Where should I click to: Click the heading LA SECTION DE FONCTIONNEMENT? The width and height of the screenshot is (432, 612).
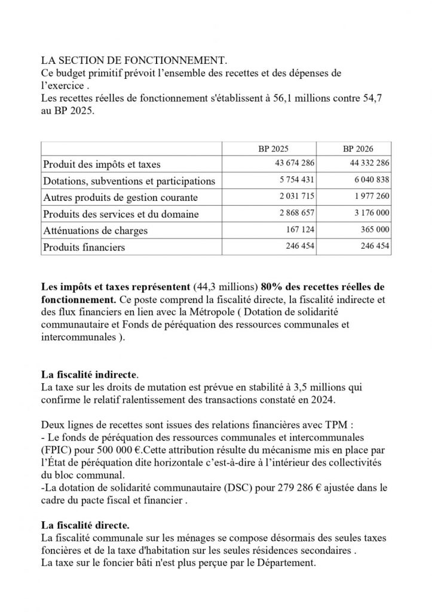tap(134, 61)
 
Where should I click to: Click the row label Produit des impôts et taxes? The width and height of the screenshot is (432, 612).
tap(101, 164)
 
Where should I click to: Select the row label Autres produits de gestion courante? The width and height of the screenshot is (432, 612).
tap(120, 197)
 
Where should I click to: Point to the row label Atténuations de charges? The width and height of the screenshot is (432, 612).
tap(95, 230)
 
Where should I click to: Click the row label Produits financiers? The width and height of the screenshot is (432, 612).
tap(84, 247)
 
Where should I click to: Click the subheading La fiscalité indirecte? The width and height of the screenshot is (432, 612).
tap(88, 375)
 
